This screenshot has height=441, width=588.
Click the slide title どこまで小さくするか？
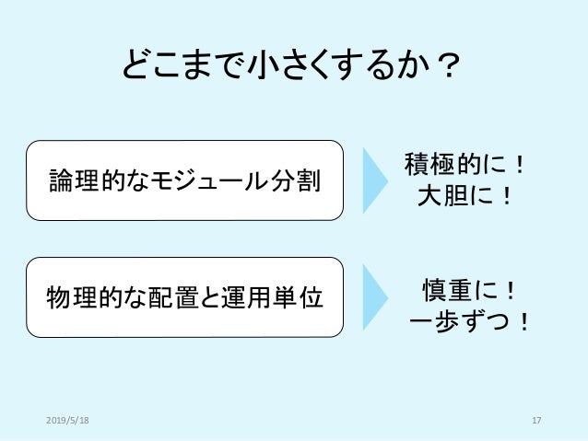coord(293,67)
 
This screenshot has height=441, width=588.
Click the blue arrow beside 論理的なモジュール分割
coord(375,180)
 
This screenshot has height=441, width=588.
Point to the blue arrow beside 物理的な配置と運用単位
coord(375,296)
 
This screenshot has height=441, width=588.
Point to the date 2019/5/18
coord(69,421)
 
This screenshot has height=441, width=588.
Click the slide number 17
coord(536,421)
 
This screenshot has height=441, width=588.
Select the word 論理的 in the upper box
coord(76,180)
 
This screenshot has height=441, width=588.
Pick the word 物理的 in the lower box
coord(76,298)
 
